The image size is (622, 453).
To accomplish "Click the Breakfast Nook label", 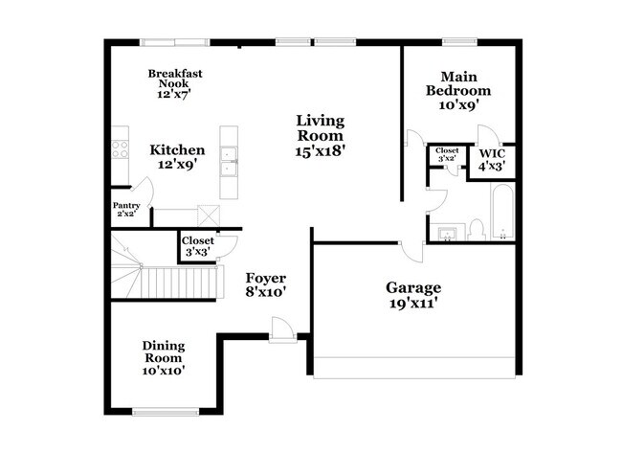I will [x=175, y=84].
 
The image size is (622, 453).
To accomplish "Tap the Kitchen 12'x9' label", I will [x=177, y=157].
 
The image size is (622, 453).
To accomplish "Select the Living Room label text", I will [x=320, y=135].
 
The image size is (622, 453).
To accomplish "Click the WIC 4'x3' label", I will [x=492, y=158].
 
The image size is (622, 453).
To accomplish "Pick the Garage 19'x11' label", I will [x=413, y=294].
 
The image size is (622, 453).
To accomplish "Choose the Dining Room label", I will [x=164, y=357].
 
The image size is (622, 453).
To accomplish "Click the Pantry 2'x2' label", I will [x=126, y=210].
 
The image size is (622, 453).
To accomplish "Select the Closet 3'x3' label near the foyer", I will [x=197, y=245].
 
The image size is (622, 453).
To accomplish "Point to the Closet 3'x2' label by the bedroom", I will [x=447, y=156].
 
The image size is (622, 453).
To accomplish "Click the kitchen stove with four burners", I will [x=121, y=148].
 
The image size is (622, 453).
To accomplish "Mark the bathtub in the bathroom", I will [x=503, y=213].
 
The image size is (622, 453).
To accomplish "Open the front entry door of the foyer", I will [x=281, y=330].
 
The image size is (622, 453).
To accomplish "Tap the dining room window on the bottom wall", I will [x=159, y=413].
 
